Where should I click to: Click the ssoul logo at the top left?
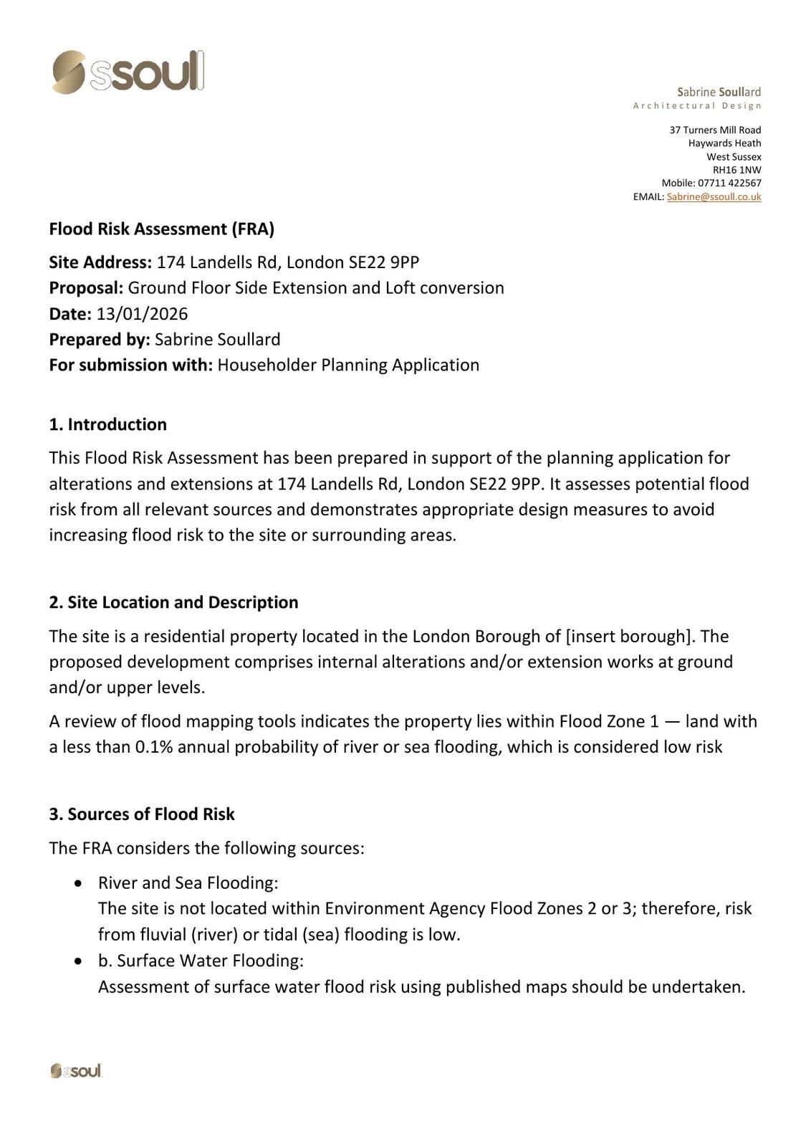tap(128, 72)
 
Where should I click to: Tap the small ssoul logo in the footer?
tap(76, 1071)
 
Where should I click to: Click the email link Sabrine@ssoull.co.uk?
tap(714, 196)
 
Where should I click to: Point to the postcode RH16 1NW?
tap(736, 170)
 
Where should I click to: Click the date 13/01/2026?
tap(142, 314)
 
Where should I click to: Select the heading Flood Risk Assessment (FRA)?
tap(161, 229)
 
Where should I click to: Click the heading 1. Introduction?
tap(107, 424)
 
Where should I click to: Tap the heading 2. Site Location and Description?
tap(173, 602)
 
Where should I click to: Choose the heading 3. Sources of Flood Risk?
tap(141, 814)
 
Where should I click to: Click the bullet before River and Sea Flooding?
tap(79, 883)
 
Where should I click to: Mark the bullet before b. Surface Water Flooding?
tap(79, 961)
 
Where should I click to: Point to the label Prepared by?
tap(100, 340)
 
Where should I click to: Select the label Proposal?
tap(86, 288)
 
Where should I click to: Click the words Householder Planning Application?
tap(348, 365)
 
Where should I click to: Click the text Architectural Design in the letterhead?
tap(696, 106)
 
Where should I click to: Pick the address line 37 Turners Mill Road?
tap(715, 130)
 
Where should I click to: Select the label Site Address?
tap(100, 262)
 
